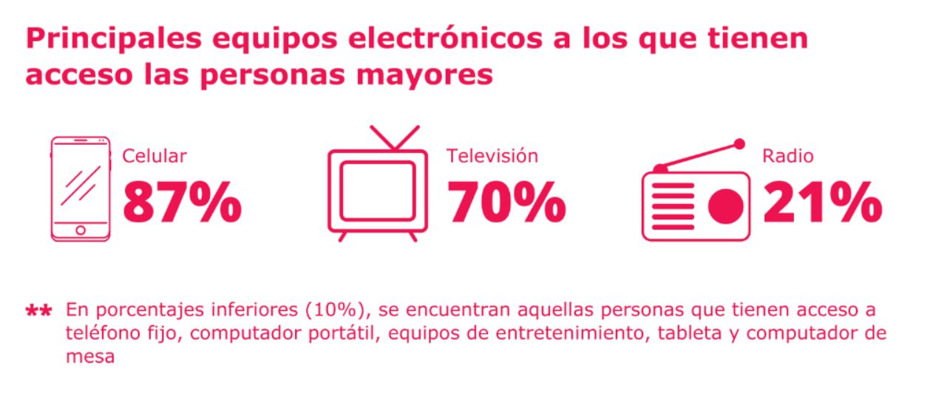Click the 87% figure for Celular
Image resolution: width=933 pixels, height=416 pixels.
[182, 201]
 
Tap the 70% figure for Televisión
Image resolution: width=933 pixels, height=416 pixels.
[506, 201]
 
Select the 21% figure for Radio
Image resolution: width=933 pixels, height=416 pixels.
[822, 201]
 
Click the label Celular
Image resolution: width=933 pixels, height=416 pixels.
[154, 157]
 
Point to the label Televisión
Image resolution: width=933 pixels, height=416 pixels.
[492, 157]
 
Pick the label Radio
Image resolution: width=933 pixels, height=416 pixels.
[788, 157]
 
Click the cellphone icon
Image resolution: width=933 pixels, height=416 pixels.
[80, 188]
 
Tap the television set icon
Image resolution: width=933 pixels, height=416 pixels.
[377, 185]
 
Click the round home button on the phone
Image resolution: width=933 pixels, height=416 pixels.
[80, 231]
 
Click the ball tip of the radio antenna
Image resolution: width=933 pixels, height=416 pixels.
[739, 143]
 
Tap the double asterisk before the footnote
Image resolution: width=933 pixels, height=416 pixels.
[39, 310]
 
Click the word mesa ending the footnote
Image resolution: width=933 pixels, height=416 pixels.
[90, 357]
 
